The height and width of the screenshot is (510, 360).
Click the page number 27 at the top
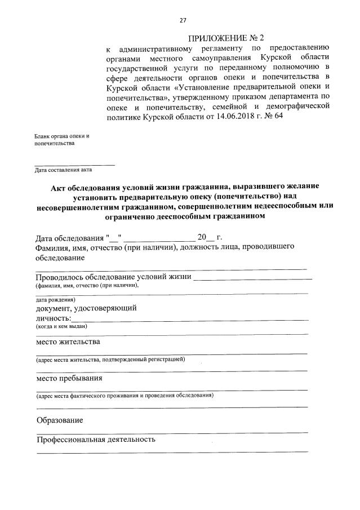(x=183, y=21)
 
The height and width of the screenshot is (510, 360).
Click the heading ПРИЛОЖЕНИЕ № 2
(x=226, y=38)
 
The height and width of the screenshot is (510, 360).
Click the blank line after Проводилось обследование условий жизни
(x=253, y=278)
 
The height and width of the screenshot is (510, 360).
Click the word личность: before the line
(x=54, y=318)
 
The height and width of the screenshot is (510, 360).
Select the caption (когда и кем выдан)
(x=61, y=326)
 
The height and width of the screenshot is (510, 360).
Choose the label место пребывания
(x=69, y=378)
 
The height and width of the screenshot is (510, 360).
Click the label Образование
(x=60, y=420)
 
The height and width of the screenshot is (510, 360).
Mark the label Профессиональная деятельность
(x=96, y=439)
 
